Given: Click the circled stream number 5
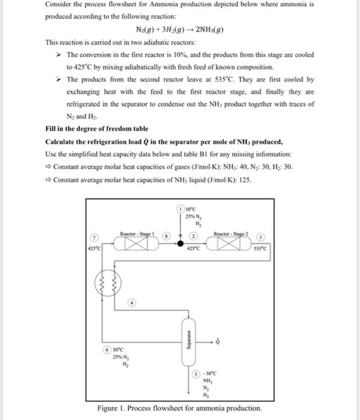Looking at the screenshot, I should point(196,373).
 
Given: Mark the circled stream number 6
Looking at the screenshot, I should point(107,350).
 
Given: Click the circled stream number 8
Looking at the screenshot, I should point(167,236).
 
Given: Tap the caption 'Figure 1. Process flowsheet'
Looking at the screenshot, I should point(180,409).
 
